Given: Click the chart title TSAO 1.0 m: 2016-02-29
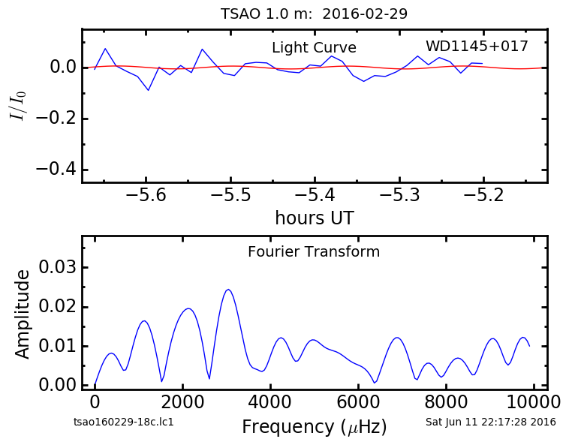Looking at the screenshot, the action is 314,14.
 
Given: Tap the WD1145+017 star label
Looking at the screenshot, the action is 477,46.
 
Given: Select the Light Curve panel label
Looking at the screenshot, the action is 314,47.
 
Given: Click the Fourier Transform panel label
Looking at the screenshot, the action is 314,251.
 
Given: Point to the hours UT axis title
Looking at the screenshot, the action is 315,218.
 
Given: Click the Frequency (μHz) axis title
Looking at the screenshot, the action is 315,427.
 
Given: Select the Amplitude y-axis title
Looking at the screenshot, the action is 22,314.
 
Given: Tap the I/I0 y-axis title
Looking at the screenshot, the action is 18,106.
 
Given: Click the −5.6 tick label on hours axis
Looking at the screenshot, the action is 146,195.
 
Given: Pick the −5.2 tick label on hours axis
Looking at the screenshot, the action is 483,195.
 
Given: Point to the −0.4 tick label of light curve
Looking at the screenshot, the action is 56,170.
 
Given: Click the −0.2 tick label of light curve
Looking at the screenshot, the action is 56,119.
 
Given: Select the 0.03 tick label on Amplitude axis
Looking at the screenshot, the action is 58,267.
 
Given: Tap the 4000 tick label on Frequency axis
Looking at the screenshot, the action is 270,401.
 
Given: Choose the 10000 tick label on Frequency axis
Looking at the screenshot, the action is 534,401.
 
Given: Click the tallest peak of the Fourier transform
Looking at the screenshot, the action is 228,290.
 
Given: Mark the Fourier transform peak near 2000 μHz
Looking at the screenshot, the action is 188,308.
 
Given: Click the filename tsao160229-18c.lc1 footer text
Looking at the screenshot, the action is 123,422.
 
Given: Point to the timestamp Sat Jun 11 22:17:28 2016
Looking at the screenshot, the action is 491,422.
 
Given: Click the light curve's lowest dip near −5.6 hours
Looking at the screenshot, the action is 148,90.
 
